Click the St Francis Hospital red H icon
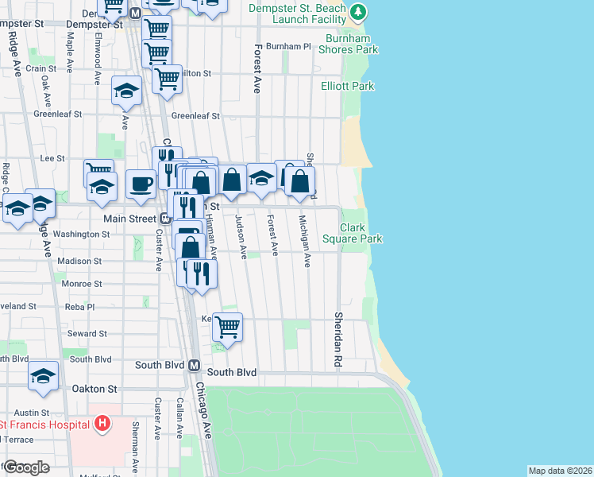pos(102,424)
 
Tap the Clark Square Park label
pos(361,233)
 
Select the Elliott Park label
pos(347,86)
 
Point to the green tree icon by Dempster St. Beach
pos(359,11)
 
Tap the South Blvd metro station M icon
pos(194,365)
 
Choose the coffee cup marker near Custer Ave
pos(141,184)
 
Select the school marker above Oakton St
pos(44,376)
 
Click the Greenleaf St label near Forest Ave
pos(195,116)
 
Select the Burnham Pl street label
pos(288,47)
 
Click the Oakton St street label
pos(96,390)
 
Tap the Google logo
pos(26,467)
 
